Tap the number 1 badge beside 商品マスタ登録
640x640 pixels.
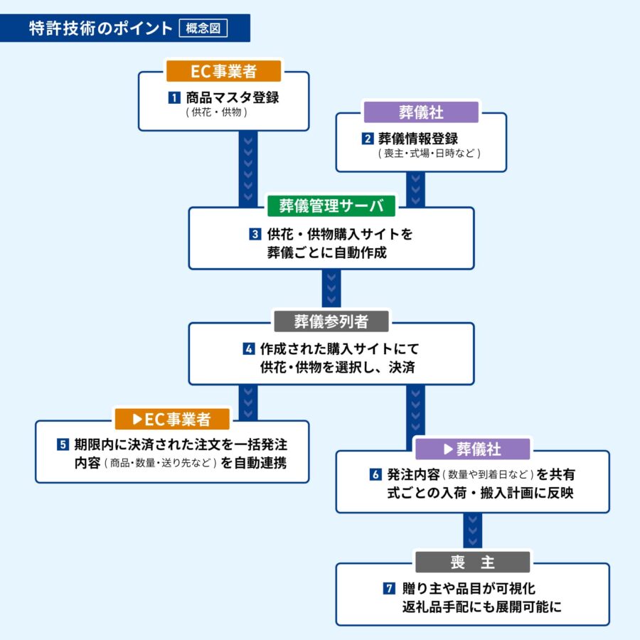pos(173,97)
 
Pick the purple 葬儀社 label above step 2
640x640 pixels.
pos(420,112)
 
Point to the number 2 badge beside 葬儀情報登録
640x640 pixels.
pos(368,139)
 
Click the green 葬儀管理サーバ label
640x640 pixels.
pos(331,206)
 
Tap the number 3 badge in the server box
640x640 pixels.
pos(255,233)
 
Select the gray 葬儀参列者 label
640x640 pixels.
pos(331,321)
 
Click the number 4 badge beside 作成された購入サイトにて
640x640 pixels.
pos(248,348)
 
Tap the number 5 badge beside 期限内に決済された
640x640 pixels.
pos(63,445)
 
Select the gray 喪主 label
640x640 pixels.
pos(473,562)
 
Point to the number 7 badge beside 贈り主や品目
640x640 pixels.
pos(388,588)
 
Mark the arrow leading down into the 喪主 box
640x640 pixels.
pos(473,531)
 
